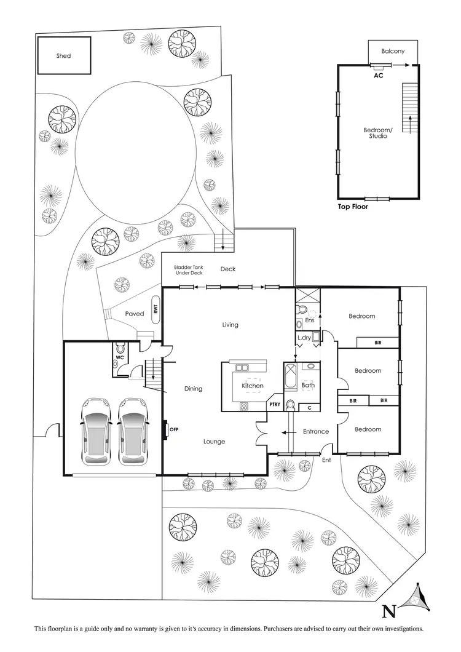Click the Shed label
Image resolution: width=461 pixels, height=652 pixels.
[63, 56]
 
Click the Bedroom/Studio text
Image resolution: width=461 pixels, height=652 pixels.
[378, 133]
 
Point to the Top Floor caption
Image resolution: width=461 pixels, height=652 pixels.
[356, 207]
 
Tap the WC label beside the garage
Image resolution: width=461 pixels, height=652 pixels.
[120, 357]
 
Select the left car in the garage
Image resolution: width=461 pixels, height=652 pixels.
[98, 431]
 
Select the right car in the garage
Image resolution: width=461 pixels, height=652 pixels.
[133, 431]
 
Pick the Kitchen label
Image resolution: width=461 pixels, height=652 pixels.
[253, 386]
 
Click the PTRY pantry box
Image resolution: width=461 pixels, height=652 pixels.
[274, 405]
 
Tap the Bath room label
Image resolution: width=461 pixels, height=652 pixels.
[307, 386]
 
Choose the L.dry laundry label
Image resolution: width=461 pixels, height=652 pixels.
[304, 338]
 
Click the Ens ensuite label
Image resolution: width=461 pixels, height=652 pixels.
[310, 320]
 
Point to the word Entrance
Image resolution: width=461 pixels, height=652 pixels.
[316, 432]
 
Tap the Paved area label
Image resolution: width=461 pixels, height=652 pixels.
[135, 314]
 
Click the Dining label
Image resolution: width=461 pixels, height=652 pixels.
[193, 389]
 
